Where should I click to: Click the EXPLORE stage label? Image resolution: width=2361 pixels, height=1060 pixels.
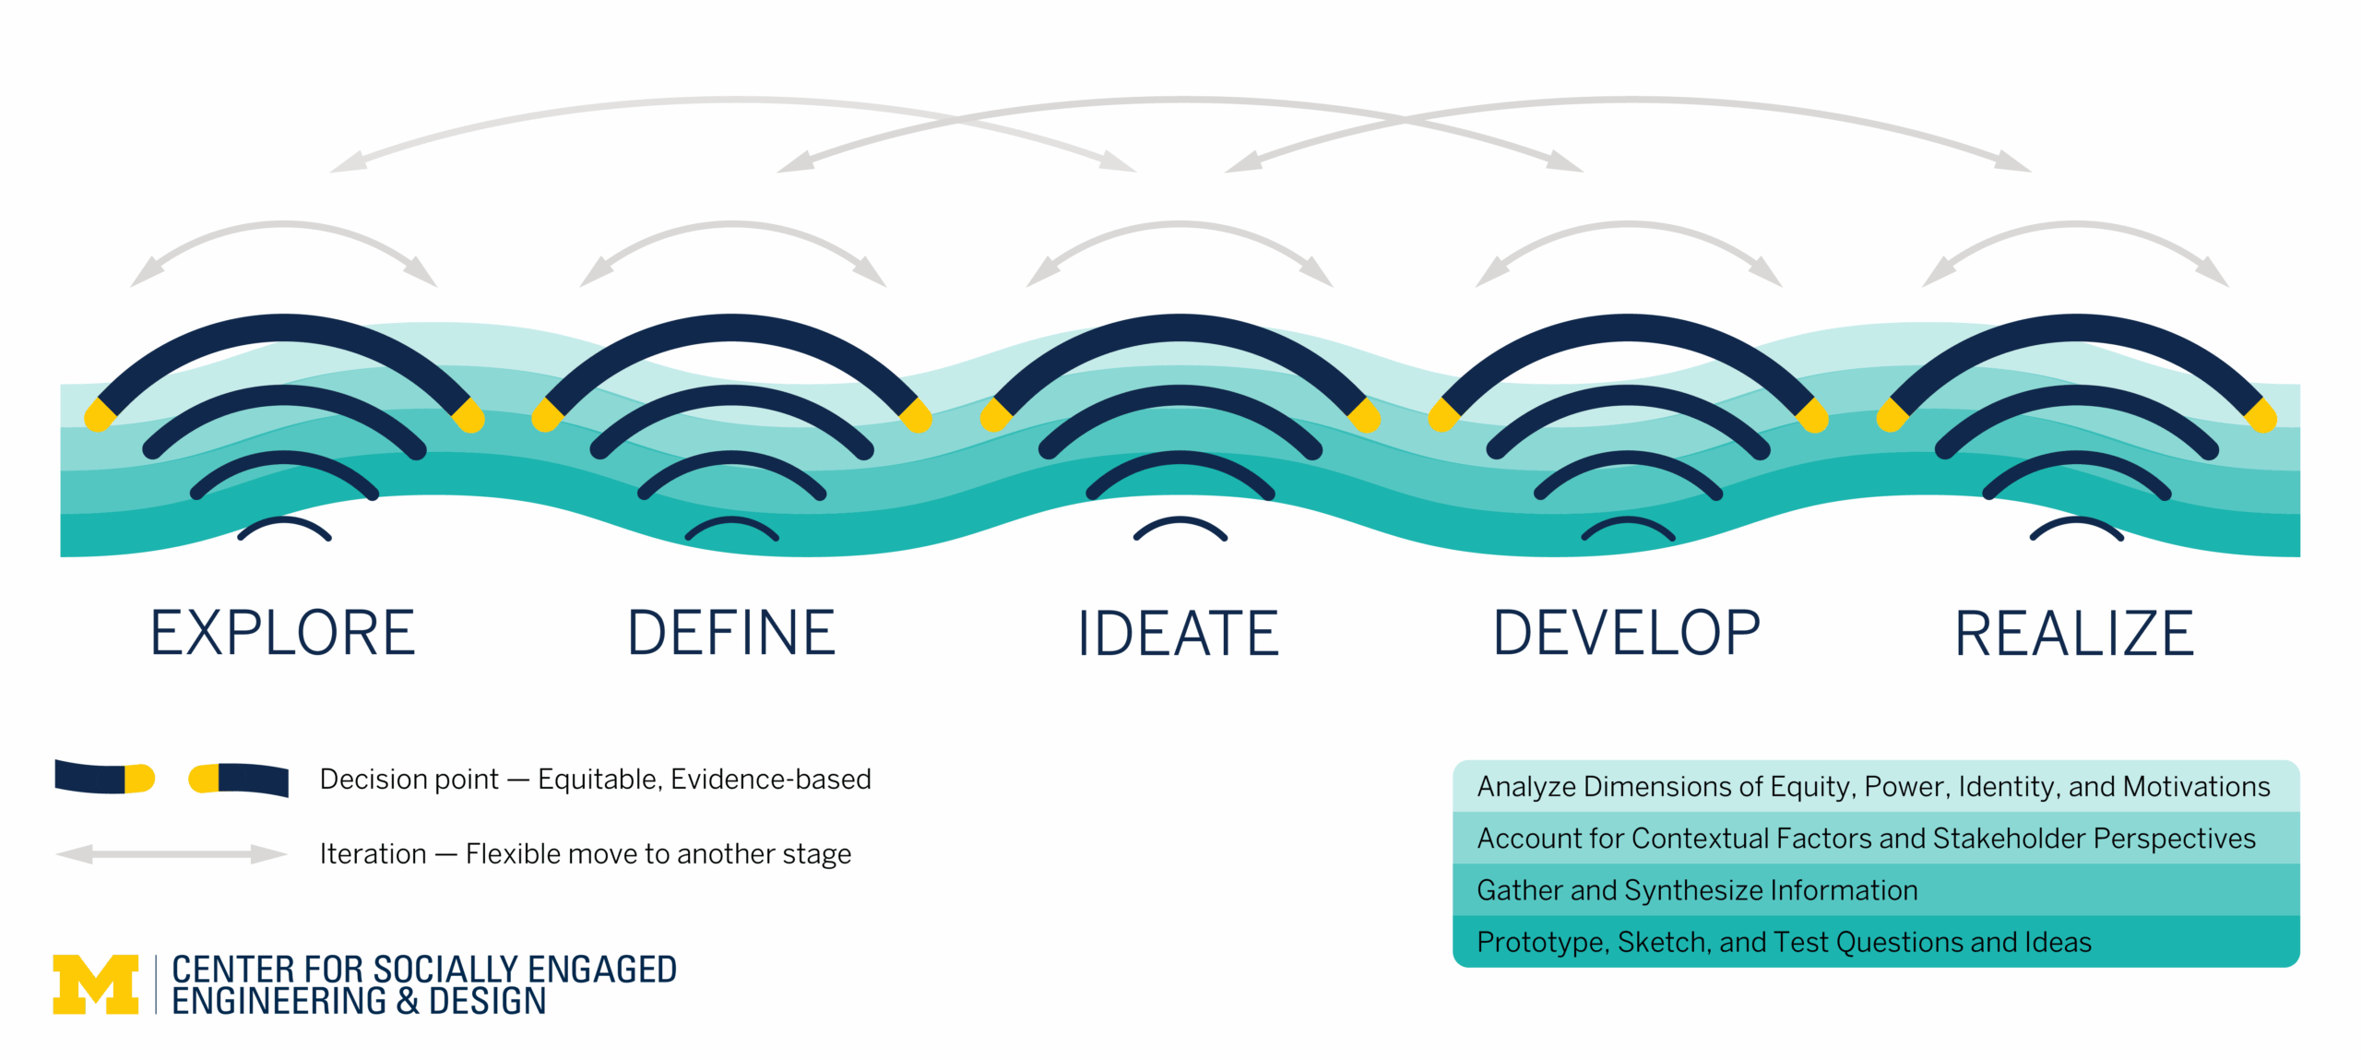point(282,633)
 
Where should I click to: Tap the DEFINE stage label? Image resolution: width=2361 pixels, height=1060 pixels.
point(731,633)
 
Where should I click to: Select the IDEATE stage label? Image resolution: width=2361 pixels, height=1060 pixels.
point(1179,633)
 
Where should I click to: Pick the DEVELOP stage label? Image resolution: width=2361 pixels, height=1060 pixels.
point(1627,633)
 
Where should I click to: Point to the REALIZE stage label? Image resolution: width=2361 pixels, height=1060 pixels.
point(2074,633)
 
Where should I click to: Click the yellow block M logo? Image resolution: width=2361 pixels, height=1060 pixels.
point(96,984)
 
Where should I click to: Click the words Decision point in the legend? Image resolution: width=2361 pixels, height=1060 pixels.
point(409,780)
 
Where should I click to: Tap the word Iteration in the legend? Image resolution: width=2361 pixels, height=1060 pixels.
point(373,854)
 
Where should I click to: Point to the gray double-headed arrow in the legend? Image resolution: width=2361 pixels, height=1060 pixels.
point(172,854)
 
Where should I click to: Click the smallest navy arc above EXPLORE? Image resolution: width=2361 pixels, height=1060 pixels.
point(284,523)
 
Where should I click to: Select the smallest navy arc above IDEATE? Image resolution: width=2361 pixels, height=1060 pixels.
point(1180,523)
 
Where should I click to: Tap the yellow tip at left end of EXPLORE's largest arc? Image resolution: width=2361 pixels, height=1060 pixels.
point(98,416)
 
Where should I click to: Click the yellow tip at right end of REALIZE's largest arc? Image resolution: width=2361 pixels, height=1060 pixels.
point(2262,416)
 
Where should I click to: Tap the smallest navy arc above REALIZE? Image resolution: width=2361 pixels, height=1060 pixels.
point(2076,523)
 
